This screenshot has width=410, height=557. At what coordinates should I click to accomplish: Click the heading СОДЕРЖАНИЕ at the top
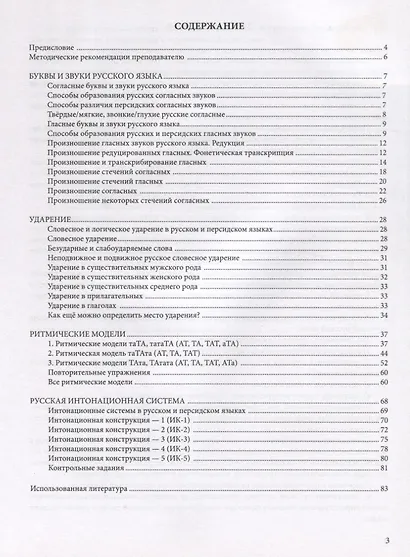tap(206, 27)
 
